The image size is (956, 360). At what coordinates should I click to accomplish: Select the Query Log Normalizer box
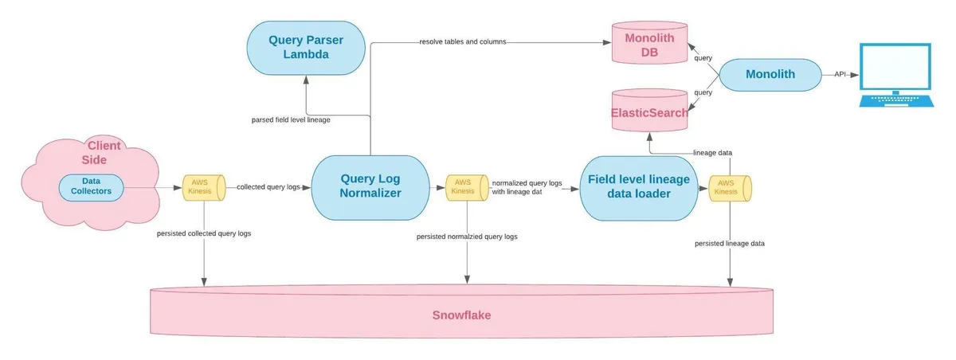coord(370,186)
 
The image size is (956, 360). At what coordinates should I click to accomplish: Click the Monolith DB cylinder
coord(647,45)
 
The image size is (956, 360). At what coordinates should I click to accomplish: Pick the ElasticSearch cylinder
coord(648,112)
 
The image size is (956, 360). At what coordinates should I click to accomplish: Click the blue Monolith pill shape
coord(770,75)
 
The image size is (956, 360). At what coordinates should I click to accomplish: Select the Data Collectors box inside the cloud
coord(91,186)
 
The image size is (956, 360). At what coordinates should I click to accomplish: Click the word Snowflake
coord(462,315)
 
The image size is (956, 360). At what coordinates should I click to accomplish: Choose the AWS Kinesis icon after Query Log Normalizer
coord(461,187)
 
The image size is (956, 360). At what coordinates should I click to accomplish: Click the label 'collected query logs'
coord(268,186)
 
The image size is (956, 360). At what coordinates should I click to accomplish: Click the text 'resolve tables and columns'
coord(463,41)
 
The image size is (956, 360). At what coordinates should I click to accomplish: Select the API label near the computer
coord(840,73)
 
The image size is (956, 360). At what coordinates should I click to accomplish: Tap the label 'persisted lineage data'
coord(729,243)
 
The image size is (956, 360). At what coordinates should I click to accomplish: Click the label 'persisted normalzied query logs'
coord(467,236)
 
